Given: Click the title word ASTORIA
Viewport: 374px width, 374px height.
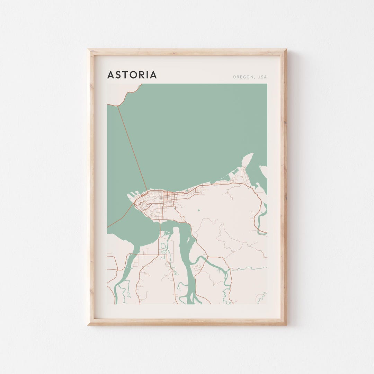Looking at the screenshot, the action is pyautogui.click(x=132, y=75).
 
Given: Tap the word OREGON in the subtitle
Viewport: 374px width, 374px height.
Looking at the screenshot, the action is pyautogui.click(x=243, y=77).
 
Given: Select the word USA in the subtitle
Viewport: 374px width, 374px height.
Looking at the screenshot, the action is pyautogui.click(x=262, y=77).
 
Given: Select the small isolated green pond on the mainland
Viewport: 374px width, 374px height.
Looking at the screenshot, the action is pyautogui.click(x=199, y=210).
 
